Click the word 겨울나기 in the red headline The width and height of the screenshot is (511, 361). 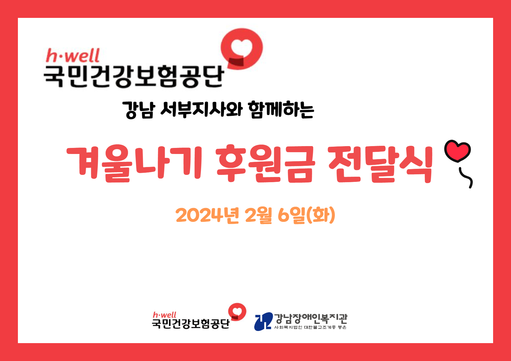pos(134,163)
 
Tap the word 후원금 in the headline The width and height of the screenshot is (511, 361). pos(266,163)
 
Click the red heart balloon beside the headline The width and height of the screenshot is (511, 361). pos(457,151)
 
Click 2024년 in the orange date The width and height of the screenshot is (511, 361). pos(207,215)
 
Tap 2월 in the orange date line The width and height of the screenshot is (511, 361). pos(259,215)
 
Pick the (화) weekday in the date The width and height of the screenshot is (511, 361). pos(320,215)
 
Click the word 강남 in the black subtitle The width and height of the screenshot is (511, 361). pos(139,110)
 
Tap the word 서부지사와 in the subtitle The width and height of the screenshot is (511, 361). pos(201,109)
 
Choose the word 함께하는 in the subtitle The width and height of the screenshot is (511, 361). pos(281,109)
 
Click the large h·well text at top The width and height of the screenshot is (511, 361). pos(73,55)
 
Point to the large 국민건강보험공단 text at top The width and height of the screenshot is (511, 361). pos(134,77)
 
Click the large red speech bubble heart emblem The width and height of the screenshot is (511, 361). pos(242,49)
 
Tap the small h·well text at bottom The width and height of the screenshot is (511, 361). pos(164,315)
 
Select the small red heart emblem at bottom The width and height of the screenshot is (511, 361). pos(237,312)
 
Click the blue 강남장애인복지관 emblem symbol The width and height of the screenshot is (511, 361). pos(263,321)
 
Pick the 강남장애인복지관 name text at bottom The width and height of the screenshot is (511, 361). pos(310,319)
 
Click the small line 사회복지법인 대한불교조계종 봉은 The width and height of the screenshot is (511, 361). pos(310,327)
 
